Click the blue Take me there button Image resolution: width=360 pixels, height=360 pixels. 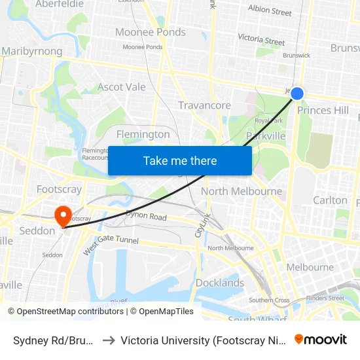180,160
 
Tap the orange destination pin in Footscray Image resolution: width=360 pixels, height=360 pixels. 63,215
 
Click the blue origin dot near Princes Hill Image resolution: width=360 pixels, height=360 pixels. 297,94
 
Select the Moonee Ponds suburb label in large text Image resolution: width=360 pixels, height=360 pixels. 150,32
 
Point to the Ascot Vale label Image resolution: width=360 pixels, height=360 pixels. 121,87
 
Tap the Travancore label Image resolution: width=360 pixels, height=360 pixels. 204,105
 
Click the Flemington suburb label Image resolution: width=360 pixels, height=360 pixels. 143,134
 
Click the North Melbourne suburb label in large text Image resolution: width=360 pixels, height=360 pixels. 242,191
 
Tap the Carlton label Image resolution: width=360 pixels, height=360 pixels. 330,200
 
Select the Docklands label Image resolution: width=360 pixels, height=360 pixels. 219,283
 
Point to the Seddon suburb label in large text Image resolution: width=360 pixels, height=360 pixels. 37,231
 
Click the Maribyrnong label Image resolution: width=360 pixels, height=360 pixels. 32,51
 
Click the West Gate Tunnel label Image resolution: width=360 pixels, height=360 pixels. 111,241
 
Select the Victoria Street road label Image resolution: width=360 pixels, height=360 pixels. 261,40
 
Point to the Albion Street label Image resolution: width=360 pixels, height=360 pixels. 270,10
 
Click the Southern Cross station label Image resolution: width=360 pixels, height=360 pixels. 269,300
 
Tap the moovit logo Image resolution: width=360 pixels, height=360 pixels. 321,340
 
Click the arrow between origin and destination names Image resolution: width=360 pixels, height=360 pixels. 108,340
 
